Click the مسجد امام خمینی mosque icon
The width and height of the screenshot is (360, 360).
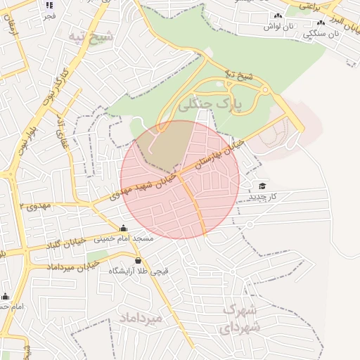point(124,228)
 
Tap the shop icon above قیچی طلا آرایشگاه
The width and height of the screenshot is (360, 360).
point(137,261)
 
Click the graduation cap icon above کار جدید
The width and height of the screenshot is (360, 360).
point(262,186)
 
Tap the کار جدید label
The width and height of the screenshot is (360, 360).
point(262,196)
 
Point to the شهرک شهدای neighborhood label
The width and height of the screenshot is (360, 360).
point(241,319)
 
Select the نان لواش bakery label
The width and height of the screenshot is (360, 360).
point(278,26)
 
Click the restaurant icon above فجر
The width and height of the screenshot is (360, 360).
point(49,6)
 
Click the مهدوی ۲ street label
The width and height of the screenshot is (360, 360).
point(37,206)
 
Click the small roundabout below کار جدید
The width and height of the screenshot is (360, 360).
point(250,224)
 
